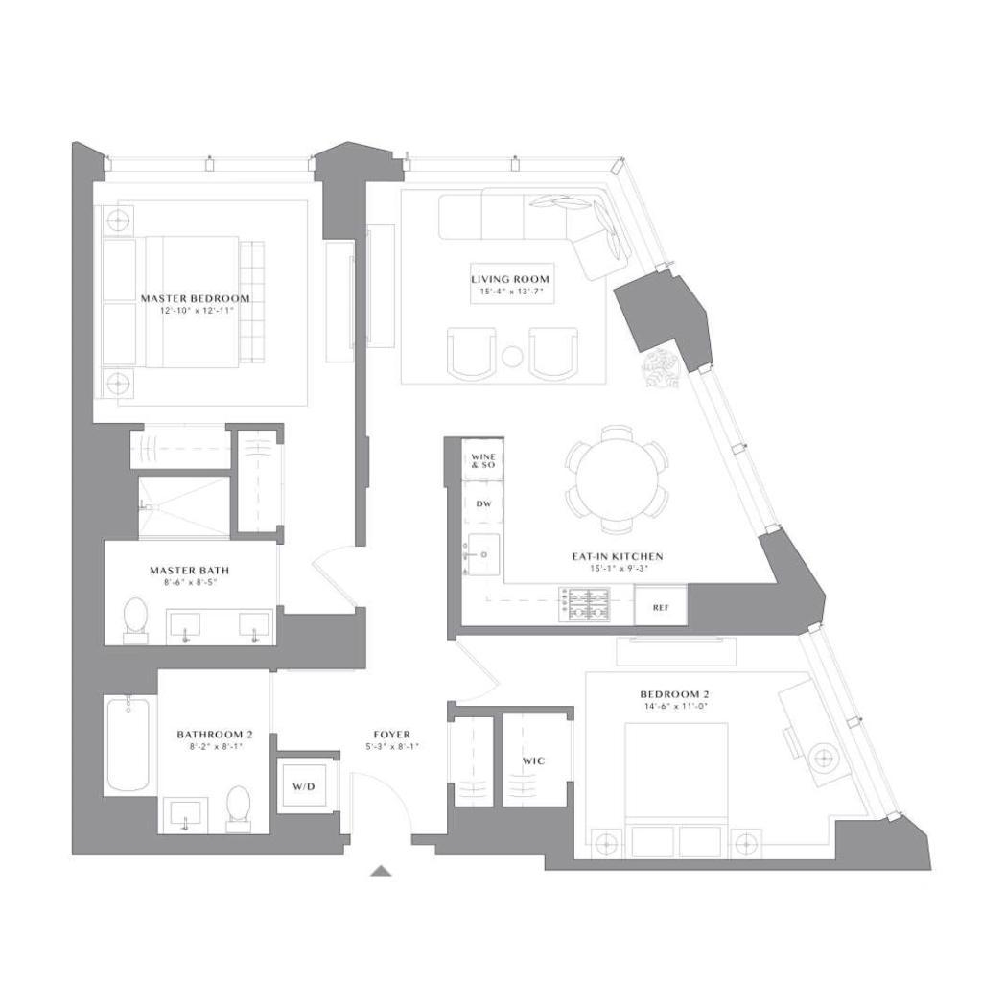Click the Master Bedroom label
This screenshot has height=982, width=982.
coord(195,298)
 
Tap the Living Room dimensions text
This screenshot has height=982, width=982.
coord(511,292)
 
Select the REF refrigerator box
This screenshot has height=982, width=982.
coord(660,607)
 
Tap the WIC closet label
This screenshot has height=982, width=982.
coord(533,760)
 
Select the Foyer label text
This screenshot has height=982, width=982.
coord(391,735)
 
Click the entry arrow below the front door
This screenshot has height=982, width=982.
coord(382,871)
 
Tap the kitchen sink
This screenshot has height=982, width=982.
coord(482,554)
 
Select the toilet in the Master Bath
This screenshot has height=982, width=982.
coord(136,618)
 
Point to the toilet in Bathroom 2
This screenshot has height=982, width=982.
coord(238,806)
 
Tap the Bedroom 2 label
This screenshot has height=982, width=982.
coord(674,694)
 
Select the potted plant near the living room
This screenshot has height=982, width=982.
coord(661,369)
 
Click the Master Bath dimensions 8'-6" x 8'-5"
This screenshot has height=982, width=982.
coord(189,581)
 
